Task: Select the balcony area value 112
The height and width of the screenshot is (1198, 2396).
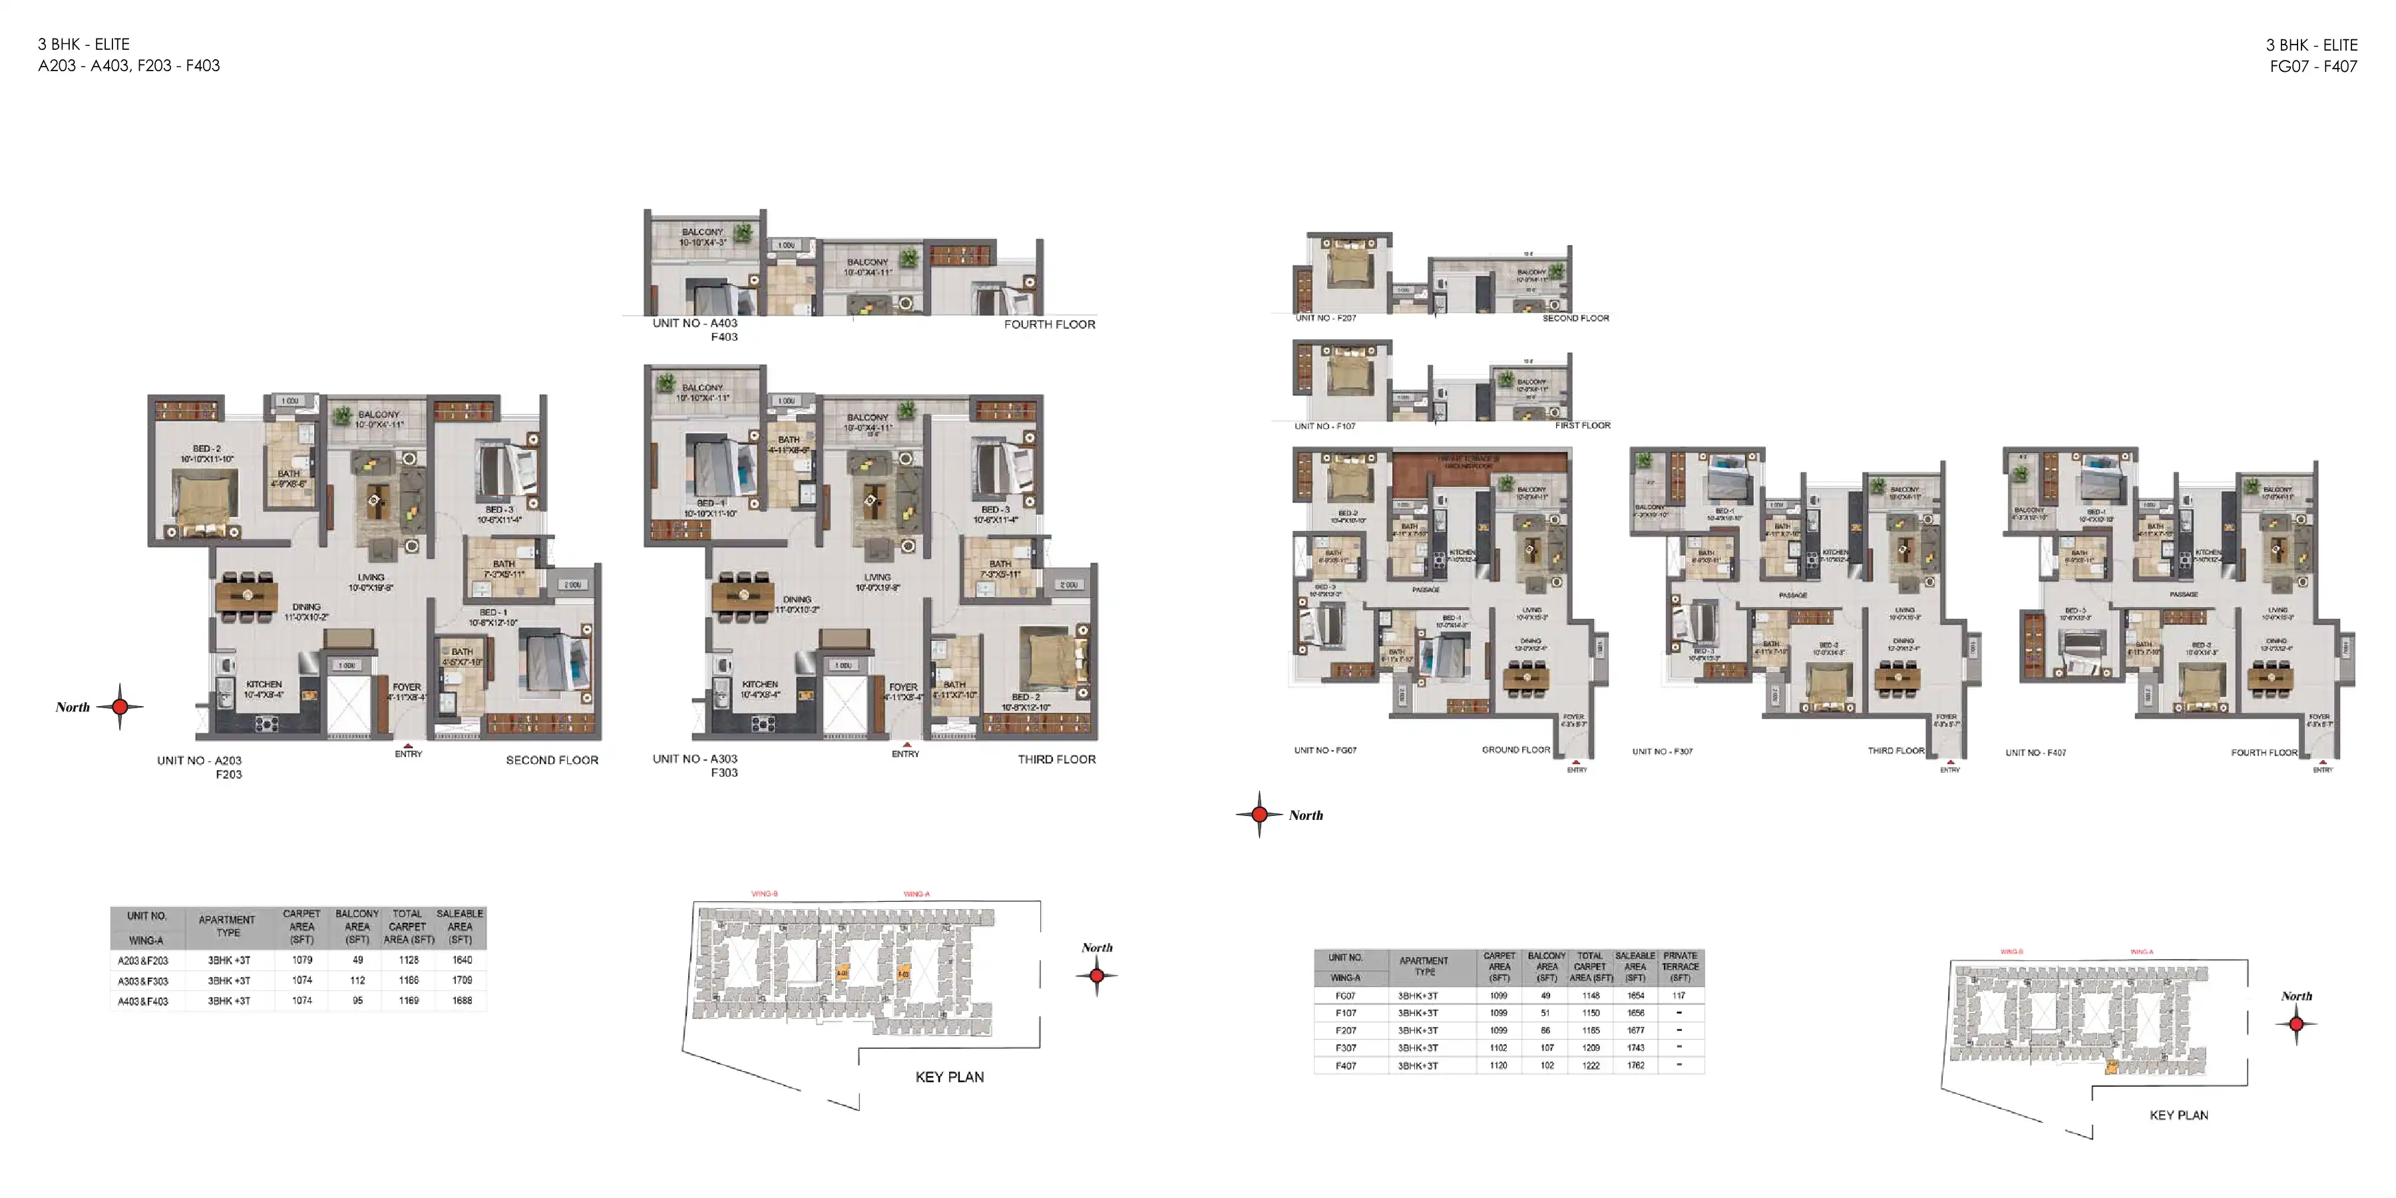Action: (357, 980)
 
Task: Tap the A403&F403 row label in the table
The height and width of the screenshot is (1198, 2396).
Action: (143, 1002)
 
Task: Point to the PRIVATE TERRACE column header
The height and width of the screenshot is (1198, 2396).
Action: (1680, 966)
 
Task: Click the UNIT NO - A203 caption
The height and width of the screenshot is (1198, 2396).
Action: (199, 761)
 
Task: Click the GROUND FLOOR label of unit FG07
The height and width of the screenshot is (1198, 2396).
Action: (1515, 749)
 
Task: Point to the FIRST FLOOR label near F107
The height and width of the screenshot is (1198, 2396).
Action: (1582, 425)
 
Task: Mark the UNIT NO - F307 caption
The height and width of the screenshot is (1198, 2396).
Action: (1662, 751)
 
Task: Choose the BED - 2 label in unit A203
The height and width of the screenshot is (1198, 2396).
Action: (206, 449)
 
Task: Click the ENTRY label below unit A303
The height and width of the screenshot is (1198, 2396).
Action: (905, 753)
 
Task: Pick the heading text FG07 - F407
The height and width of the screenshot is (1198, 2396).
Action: (2312, 66)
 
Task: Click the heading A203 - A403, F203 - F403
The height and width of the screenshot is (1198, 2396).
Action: (129, 66)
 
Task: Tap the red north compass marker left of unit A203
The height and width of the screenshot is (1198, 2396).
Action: (120, 707)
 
